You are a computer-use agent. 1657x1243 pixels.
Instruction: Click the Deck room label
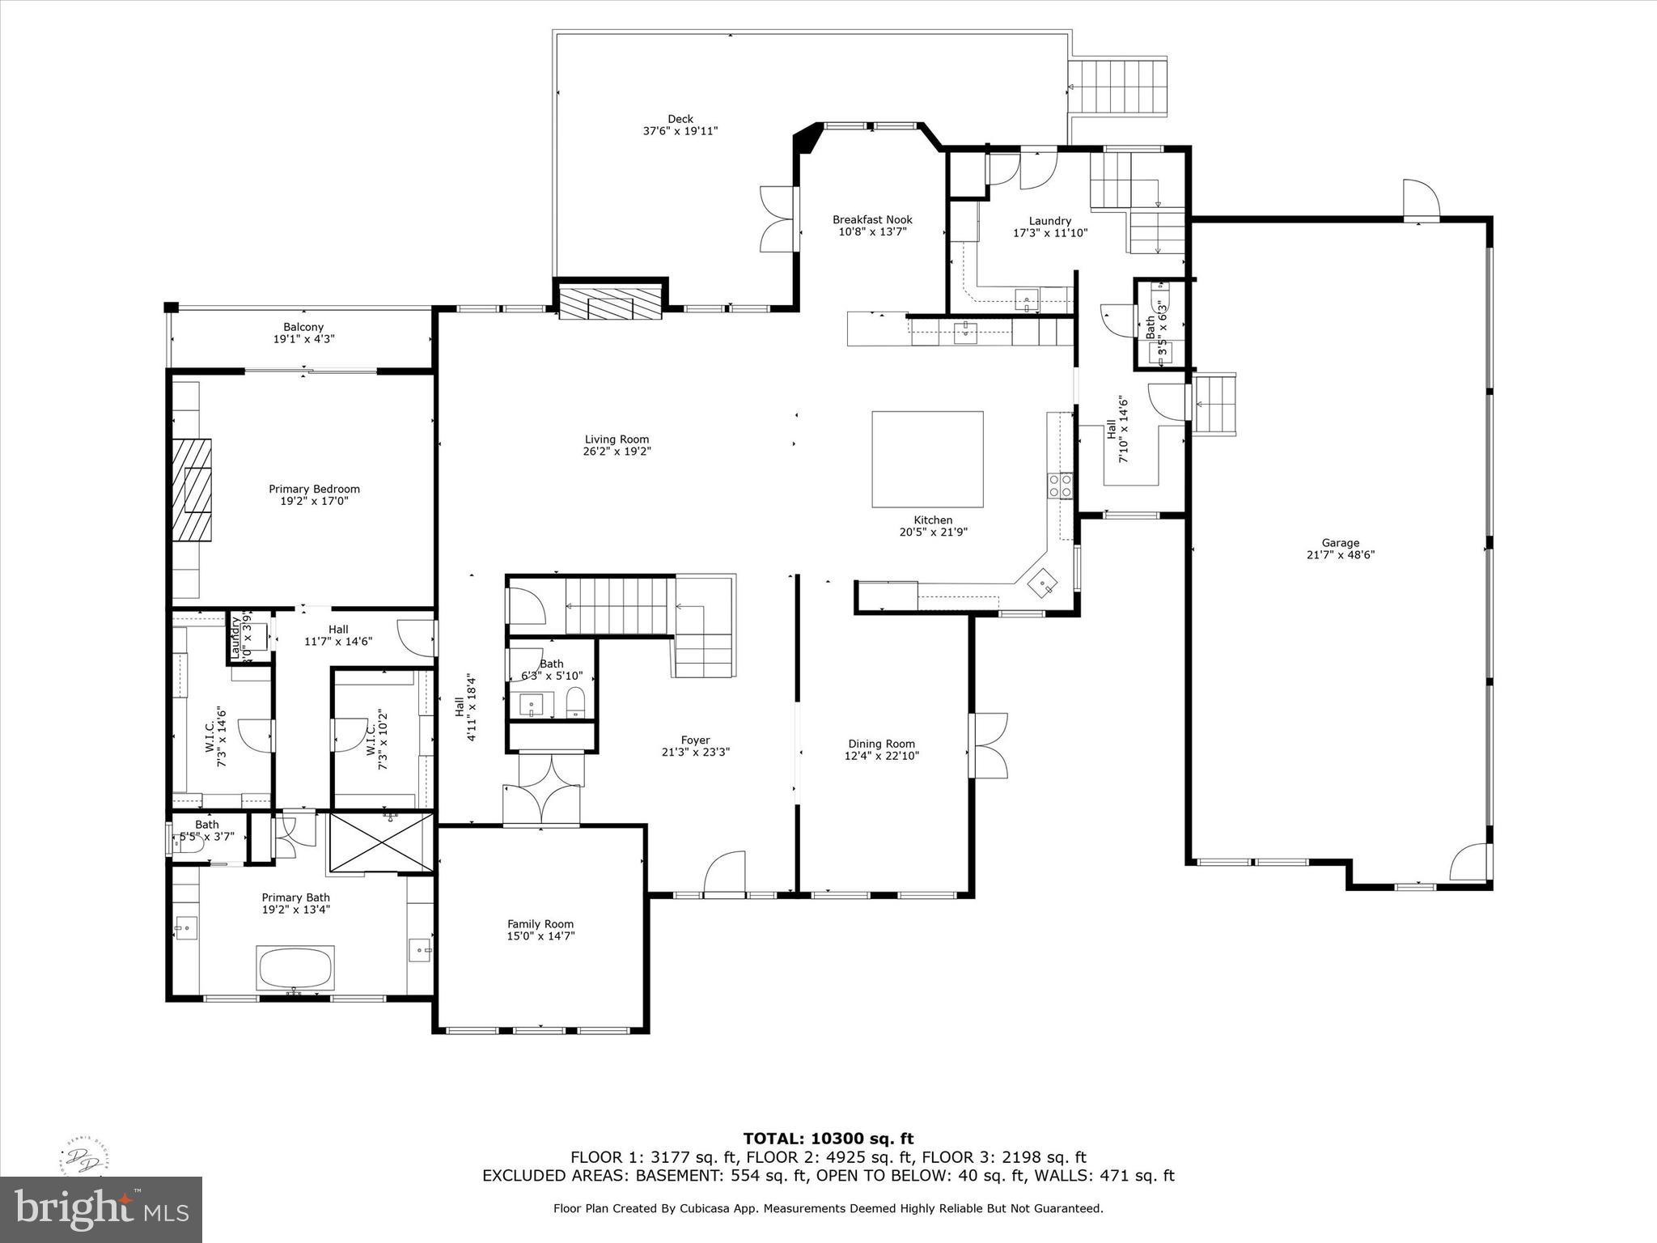(680, 119)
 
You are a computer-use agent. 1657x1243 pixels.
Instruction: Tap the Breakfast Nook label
(872, 219)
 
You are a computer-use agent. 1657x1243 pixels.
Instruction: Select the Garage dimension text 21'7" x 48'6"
(1341, 555)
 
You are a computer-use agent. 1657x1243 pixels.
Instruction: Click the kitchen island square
(927, 459)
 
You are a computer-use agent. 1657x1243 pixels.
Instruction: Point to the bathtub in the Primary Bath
(295, 967)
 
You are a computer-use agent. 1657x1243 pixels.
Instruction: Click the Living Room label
(617, 439)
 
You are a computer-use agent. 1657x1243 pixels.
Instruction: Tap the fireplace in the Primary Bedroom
(192, 490)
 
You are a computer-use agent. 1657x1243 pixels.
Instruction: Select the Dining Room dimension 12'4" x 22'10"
(882, 756)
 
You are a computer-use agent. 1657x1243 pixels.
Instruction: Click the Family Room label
(540, 924)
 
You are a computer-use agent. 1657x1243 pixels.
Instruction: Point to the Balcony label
(303, 327)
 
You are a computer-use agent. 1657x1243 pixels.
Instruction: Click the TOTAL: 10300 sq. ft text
(828, 1139)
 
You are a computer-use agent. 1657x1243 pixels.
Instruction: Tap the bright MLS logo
(101, 1209)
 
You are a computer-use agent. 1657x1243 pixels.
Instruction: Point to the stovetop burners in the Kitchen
(1060, 486)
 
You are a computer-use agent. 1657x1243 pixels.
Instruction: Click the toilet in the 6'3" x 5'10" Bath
(575, 702)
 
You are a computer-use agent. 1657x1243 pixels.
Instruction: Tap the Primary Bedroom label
(314, 489)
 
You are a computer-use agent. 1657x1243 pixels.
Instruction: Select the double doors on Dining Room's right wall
(989, 745)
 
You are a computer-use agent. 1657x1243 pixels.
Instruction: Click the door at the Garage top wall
(1421, 199)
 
